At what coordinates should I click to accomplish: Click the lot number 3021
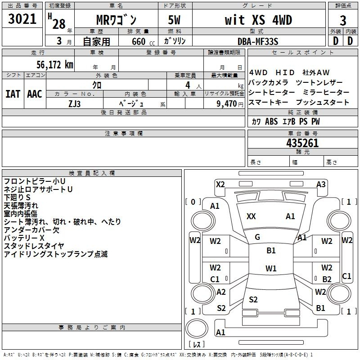click(22, 19)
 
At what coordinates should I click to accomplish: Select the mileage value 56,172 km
click(55, 65)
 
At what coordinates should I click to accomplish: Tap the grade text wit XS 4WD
click(258, 20)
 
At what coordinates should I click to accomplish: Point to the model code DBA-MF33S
click(258, 41)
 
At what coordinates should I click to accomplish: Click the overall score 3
click(343, 21)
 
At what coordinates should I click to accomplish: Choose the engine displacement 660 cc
click(143, 42)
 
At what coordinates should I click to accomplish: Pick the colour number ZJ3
click(74, 104)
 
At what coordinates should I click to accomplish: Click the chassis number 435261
click(302, 143)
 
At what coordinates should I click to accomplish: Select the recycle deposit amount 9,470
click(226, 104)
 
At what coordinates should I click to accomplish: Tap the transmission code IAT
click(13, 94)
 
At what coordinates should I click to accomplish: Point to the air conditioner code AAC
click(35, 94)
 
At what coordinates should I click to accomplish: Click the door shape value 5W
click(174, 20)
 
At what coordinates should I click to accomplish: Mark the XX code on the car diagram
click(251, 216)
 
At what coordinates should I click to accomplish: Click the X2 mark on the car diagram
click(220, 184)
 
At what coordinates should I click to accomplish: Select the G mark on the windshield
click(257, 237)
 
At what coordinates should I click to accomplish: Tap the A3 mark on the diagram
click(321, 184)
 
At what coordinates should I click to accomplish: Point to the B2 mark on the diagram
click(327, 279)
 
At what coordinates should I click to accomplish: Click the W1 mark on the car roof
click(271, 268)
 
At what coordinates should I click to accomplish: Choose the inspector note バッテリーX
click(24, 238)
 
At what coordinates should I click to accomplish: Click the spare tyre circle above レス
click(197, 328)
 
